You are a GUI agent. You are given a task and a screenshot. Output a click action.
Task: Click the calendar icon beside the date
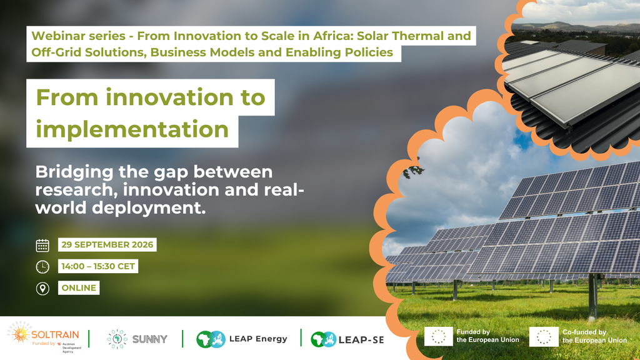[42, 245]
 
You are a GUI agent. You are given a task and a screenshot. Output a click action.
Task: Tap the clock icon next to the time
[42, 267]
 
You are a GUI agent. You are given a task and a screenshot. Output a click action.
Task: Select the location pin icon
[42, 289]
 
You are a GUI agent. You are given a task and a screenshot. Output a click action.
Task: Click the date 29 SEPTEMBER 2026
[107, 245]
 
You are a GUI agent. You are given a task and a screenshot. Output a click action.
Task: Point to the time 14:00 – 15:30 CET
[98, 266]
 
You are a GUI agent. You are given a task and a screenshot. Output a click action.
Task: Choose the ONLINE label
[79, 288]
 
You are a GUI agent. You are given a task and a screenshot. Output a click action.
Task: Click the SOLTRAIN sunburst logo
[20, 333]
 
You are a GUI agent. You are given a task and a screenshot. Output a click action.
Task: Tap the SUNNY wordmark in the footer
[150, 339]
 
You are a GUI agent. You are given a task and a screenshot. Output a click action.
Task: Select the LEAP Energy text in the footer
[258, 339]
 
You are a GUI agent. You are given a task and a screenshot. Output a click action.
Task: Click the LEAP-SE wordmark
[361, 339]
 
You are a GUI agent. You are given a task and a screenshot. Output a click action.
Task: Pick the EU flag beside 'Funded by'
[438, 336]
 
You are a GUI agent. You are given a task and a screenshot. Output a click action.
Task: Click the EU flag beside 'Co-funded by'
[544, 337]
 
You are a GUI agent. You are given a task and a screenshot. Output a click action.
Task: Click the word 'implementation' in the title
[132, 129]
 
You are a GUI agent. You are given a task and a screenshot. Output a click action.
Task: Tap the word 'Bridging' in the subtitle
[74, 172]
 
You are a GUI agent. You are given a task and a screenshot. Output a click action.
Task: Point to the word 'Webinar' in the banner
[58, 36]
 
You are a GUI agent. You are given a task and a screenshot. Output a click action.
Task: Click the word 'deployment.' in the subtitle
[149, 207]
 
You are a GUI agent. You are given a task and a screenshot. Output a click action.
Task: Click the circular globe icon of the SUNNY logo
[117, 339]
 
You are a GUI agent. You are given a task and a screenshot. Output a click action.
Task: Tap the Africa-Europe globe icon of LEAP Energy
[211, 339]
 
